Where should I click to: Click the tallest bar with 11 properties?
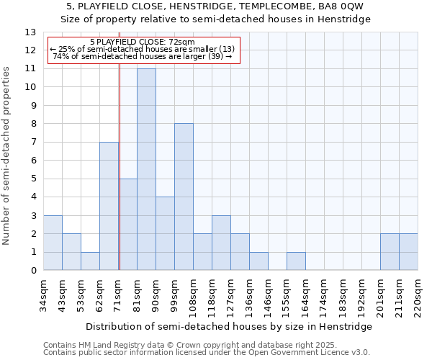pyautogui.click(x=146, y=169)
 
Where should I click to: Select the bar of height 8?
pyautogui.click(x=184, y=197)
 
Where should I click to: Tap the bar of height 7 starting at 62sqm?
pyautogui.click(x=109, y=206)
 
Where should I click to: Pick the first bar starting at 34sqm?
pyautogui.click(x=53, y=243)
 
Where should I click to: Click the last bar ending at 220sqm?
pyautogui.click(x=408, y=252)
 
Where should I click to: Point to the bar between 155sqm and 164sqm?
pyautogui.click(x=296, y=261)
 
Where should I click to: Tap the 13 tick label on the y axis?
pyautogui.click(x=30, y=32)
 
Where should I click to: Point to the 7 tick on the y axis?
pyautogui.click(x=33, y=143)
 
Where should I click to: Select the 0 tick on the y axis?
pyautogui.click(x=33, y=271)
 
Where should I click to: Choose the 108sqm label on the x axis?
pyautogui.click(x=193, y=293)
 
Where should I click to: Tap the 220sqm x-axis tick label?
pyautogui.click(x=418, y=293)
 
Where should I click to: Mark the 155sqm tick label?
pyautogui.click(x=287, y=293)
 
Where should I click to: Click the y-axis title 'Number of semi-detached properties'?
pyautogui.click(x=7, y=155)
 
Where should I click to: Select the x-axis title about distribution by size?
pyautogui.click(x=230, y=326)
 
